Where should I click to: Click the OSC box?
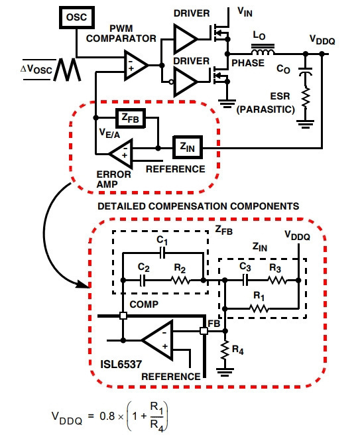[x=77, y=17]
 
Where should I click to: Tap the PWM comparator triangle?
[x=136, y=65]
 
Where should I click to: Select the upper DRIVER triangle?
[x=185, y=39]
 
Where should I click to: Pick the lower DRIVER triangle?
[x=185, y=82]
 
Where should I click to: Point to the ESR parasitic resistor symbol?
[x=306, y=98]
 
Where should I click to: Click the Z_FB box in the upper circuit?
[x=131, y=118]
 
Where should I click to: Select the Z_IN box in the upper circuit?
[x=188, y=147]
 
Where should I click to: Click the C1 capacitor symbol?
[x=162, y=253]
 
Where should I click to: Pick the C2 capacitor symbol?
[x=143, y=280]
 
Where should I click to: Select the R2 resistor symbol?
[x=181, y=281]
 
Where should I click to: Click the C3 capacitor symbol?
[x=245, y=280]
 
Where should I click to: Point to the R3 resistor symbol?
[x=277, y=281]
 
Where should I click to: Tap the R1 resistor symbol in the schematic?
[x=259, y=308]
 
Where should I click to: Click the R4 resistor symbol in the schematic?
[x=225, y=350]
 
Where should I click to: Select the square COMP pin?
[x=123, y=316]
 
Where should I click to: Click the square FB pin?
[x=204, y=331]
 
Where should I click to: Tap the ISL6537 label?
[x=121, y=364]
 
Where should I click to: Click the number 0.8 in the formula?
[x=107, y=416]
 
